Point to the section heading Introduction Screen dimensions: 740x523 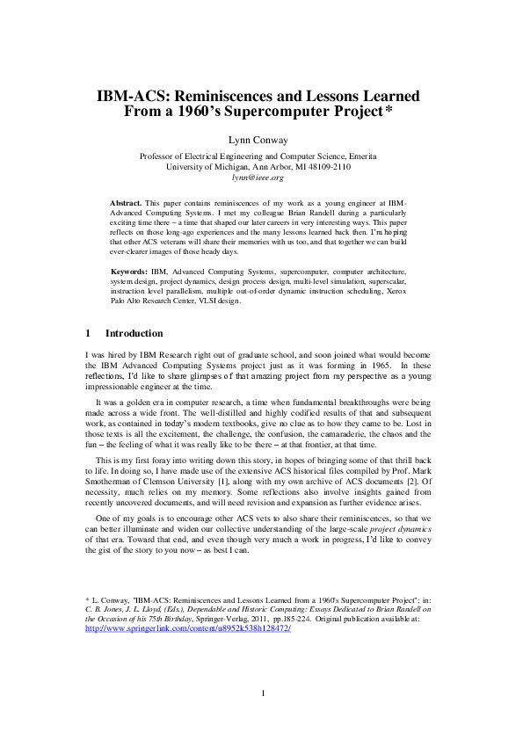pos(134,334)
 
